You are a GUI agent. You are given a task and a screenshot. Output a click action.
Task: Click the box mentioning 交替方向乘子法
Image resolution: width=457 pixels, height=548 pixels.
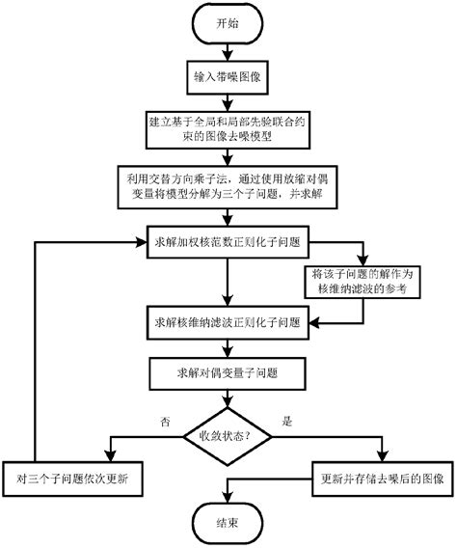pos(228,185)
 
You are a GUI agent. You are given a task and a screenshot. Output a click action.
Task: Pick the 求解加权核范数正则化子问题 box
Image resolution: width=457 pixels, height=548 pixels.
pos(228,238)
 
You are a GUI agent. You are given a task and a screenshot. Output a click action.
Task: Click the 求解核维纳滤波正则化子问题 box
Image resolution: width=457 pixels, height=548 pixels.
pos(228,320)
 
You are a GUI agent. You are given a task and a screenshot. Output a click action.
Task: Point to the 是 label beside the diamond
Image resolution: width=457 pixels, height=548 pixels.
pos(285,421)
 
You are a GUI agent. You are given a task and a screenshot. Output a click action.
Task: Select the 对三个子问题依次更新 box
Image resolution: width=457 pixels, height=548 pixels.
pos(79,477)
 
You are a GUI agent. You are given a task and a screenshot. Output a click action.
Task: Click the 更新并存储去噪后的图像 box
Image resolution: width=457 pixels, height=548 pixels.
pos(380,477)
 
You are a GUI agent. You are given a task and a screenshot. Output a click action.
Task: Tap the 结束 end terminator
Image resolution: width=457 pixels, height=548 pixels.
pos(228,522)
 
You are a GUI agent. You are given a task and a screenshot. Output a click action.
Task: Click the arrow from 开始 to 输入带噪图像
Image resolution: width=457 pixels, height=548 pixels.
pos(228,51)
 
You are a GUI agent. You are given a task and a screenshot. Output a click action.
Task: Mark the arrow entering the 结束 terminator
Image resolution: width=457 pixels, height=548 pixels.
pos(228,494)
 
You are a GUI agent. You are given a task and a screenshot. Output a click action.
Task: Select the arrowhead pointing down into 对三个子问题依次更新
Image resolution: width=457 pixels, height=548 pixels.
pos(108,458)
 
